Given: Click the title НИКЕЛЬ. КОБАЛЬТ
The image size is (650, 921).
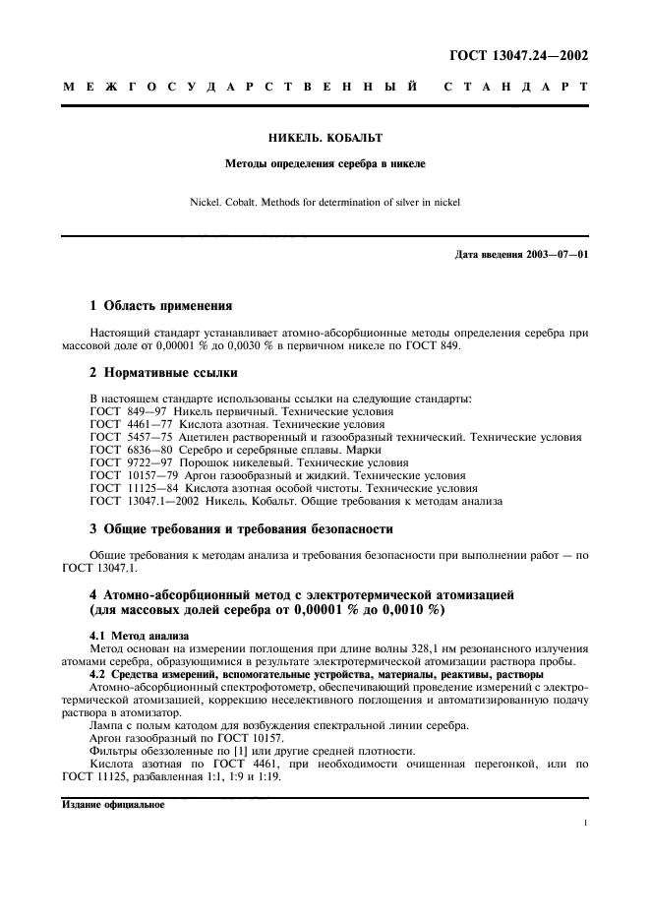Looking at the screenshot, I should pyautogui.click(x=325, y=140).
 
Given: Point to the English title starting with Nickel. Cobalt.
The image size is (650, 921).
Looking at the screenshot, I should pyautogui.click(x=325, y=204).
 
